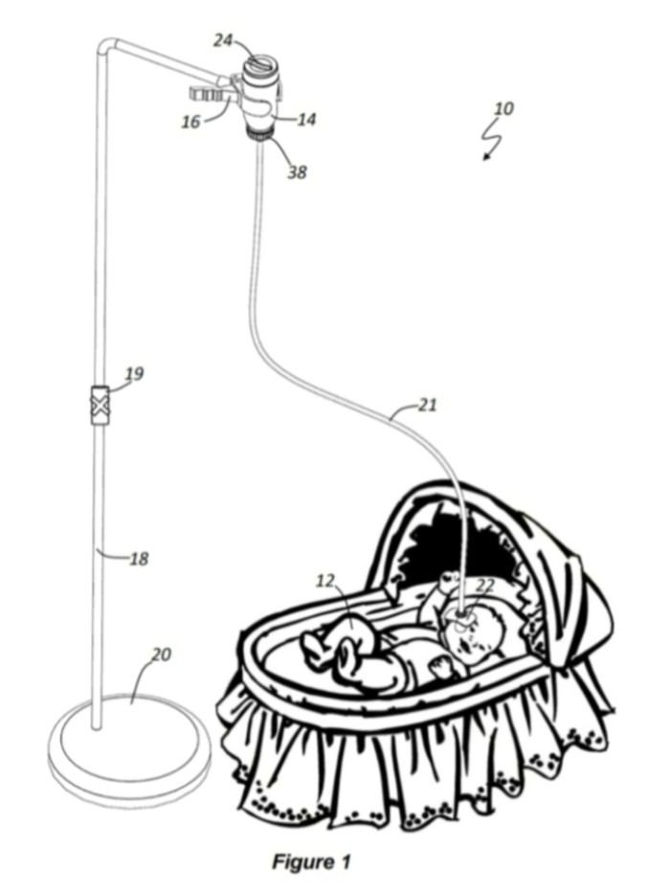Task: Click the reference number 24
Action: tap(224, 40)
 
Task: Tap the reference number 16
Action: tap(191, 122)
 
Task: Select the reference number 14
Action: tap(306, 119)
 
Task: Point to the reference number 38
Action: tap(297, 171)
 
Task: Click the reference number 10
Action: tap(503, 108)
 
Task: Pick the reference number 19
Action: tap(134, 373)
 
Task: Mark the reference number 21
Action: tap(428, 405)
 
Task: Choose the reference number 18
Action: tap(139, 559)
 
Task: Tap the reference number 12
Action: tap(325, 581)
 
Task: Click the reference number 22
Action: tap(485, 585)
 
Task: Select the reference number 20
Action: tap(162, 655)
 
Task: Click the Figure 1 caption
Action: tap(311, 861)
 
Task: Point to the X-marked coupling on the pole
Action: tap(100, 406)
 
